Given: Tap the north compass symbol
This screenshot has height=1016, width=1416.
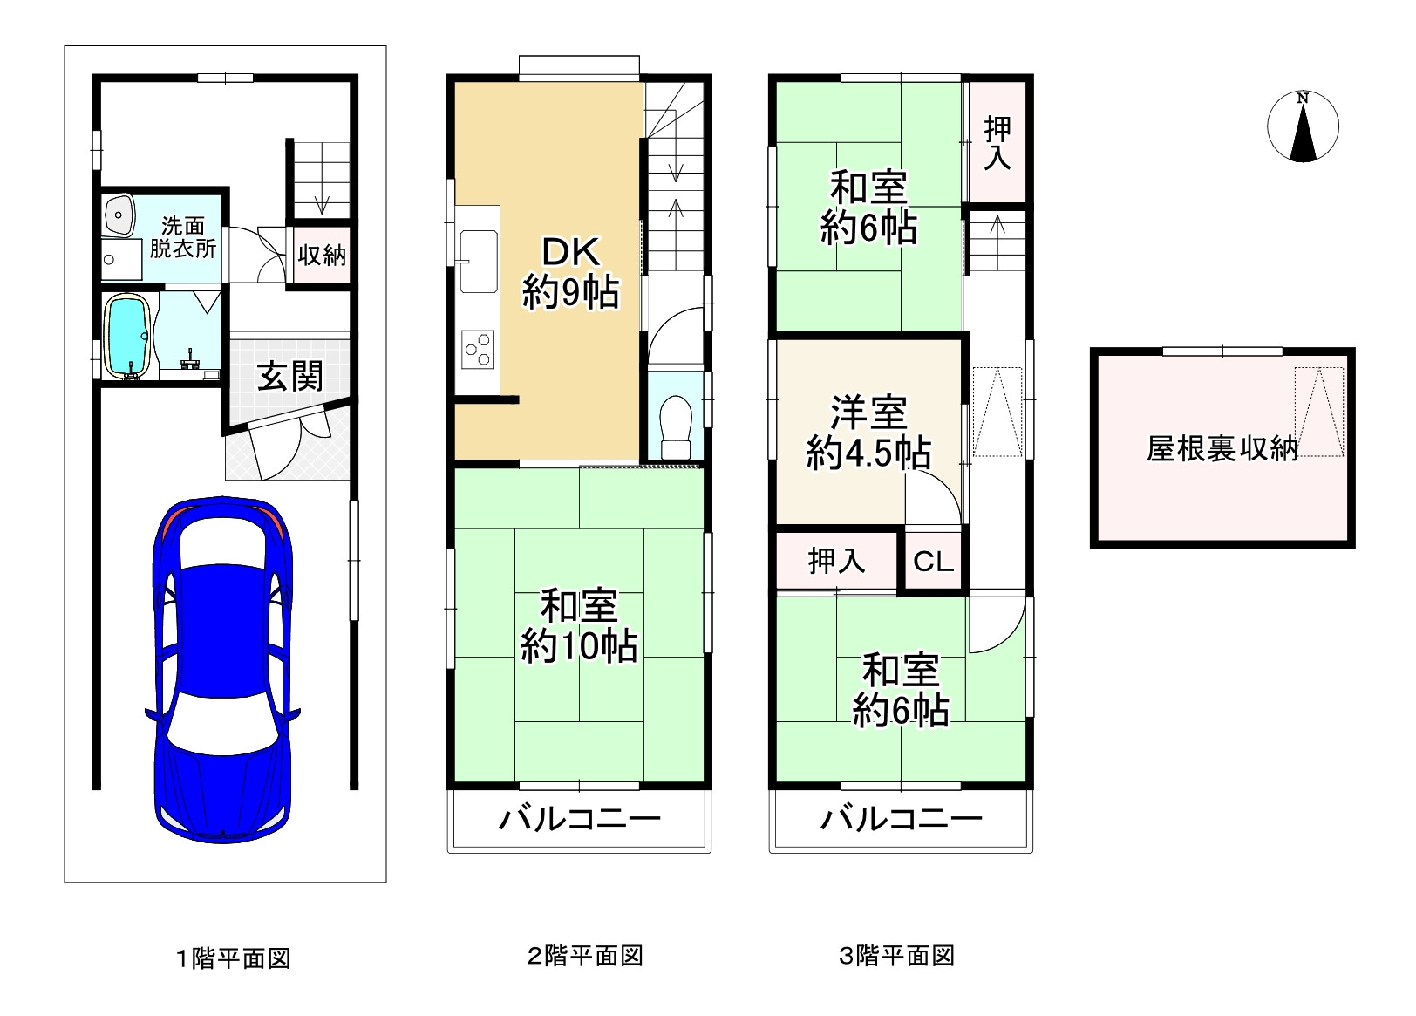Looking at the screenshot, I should (x=1303, y=127).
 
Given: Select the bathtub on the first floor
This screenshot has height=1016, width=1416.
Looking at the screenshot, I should (x=129, y=335).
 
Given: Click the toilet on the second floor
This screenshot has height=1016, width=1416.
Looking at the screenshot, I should (x=676, y=427).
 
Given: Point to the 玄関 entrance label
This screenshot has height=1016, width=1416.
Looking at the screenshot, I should (x=289, y=377).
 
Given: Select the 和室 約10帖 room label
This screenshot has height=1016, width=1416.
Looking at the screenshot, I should (x=579, y=625).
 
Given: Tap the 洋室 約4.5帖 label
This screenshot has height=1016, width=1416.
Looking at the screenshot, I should (x=868, y=432).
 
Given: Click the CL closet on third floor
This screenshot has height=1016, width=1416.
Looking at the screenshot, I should (x=933, y=562).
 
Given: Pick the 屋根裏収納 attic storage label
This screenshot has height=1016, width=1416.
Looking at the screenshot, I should (x=1222, y=449).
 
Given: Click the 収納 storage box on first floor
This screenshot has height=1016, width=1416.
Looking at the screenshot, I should (x=322, y=256).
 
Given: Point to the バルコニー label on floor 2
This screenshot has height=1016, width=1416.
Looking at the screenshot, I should (x=579, y=819).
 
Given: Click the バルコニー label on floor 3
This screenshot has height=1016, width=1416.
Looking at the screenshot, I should (x=901, y=819).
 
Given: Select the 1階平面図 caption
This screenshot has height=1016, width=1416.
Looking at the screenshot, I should (x=233, y=958).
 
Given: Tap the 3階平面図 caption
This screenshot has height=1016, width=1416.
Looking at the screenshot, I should (x=896, y=956).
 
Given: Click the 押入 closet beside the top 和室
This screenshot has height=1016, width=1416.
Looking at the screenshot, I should (x=997, y=142).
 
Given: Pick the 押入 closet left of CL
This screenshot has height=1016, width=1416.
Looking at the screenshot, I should (x=835, y=561).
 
